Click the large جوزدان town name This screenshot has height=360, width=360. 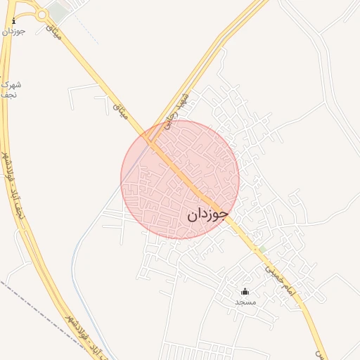point(207,214)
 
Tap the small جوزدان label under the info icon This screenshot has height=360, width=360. point(13,32)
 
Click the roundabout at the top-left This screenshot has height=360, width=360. point(42,14)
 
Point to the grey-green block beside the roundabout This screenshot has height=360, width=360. point(59,12)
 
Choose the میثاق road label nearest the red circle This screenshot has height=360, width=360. point(120,106)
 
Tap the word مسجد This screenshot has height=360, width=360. point(245,302)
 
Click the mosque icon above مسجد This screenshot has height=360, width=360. point(245,291)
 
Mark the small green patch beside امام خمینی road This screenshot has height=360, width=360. point(262,250)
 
